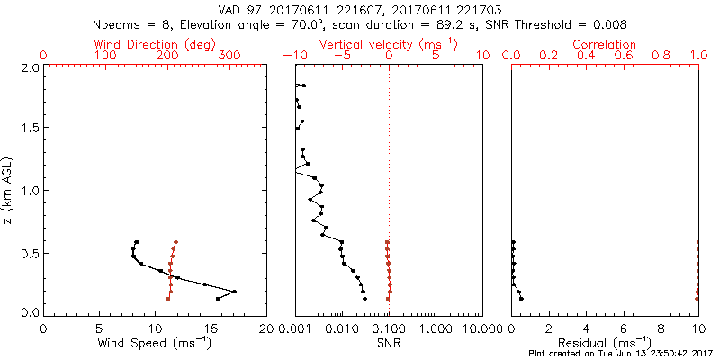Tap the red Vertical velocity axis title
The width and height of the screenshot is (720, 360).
pyautogui.click(x=389, y=44)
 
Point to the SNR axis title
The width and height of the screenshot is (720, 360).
pyautogui.click(x=389, y=344)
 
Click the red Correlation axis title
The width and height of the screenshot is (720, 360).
pyautogui.click(x=605, y=44)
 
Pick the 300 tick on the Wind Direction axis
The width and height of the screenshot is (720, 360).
pyautogui.click(x=229, y=56)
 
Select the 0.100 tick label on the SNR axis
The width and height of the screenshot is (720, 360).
pyautogui.click(x=389, y=328)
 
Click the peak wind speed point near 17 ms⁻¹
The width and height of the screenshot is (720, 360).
pyautogui.click(x=234, y=292)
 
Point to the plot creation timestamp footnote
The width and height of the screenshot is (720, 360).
pyautogui.click(x=620, y=354)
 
